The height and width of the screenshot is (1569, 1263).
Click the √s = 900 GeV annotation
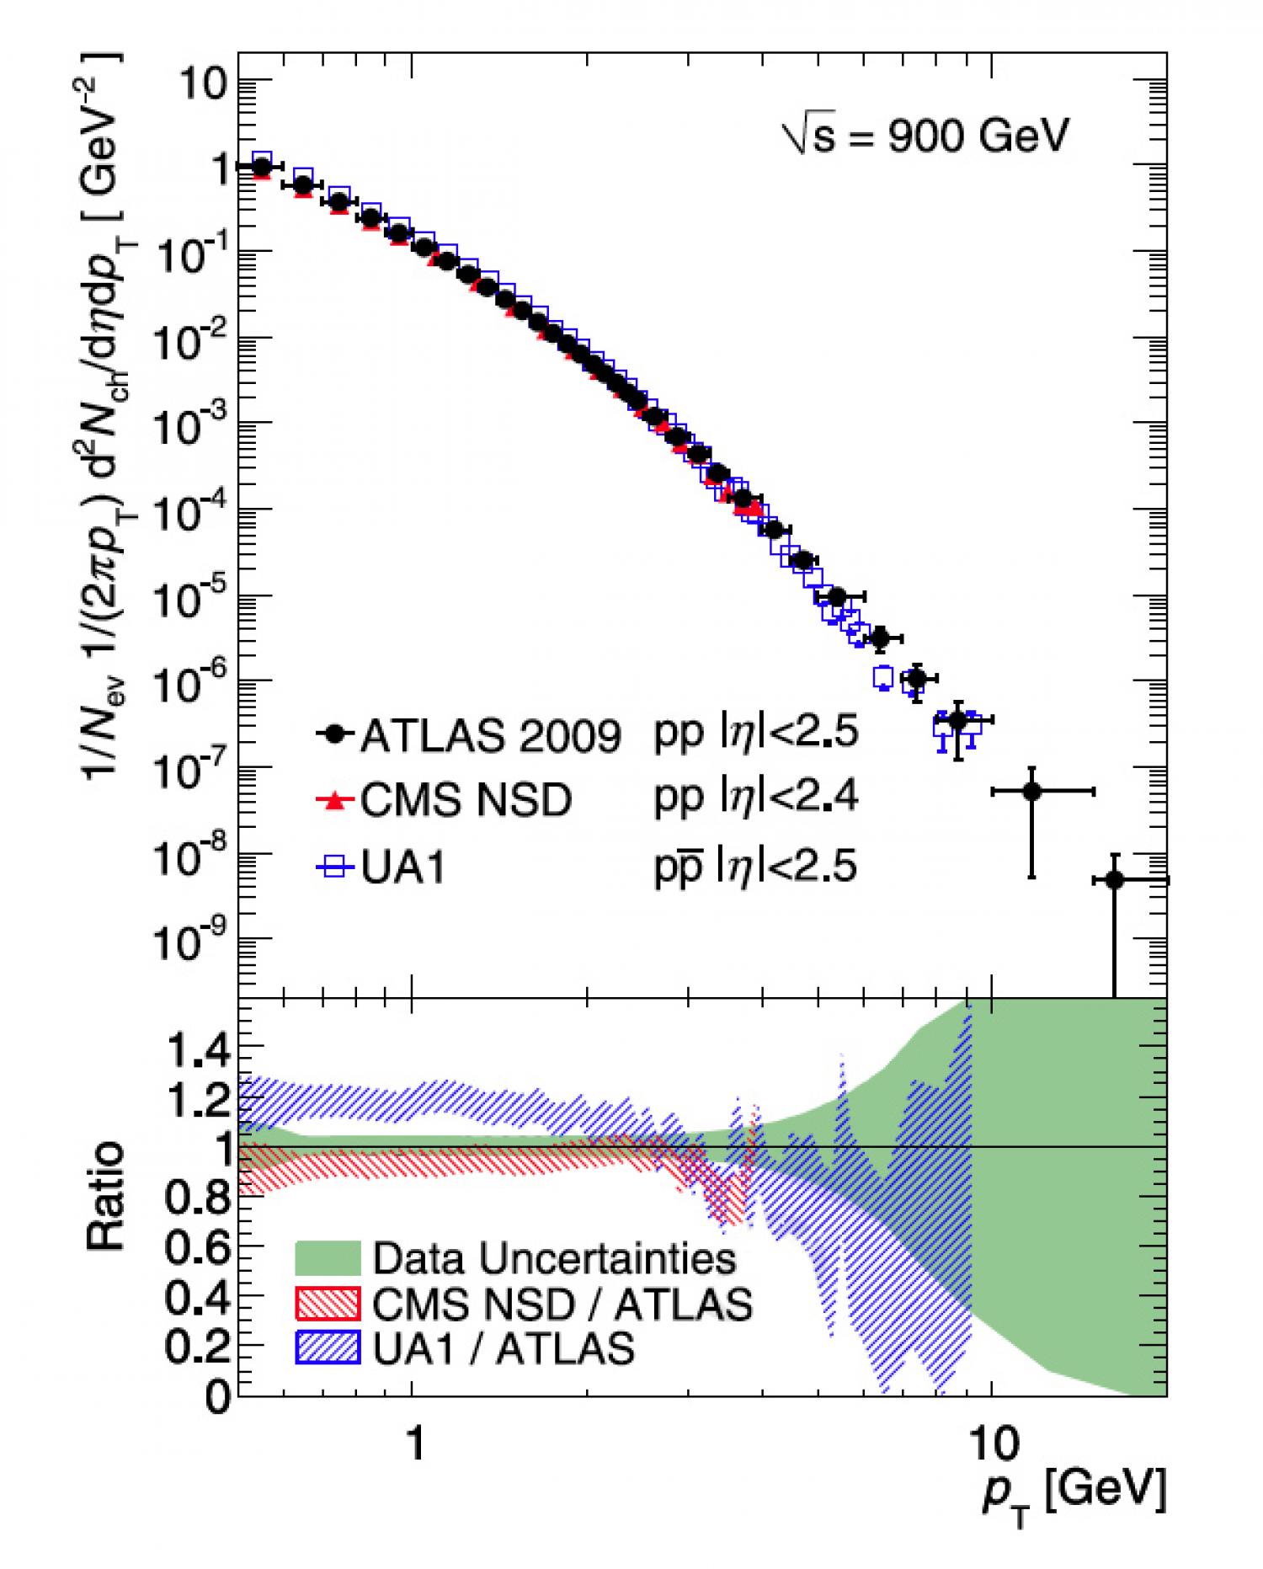(x=925, y=136)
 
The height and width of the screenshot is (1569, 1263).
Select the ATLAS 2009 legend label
(x=490, y=737)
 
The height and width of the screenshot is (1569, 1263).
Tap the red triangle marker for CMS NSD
(x=335, y=800)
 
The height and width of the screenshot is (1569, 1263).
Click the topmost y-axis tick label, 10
(x=202, y=85)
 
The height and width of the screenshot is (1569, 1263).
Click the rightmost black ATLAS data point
(x=1114, y=880)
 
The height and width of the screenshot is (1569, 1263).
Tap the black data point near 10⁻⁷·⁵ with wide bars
(x=1031, y=792)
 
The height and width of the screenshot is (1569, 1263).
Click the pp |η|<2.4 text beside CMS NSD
(x=755, y=798)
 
